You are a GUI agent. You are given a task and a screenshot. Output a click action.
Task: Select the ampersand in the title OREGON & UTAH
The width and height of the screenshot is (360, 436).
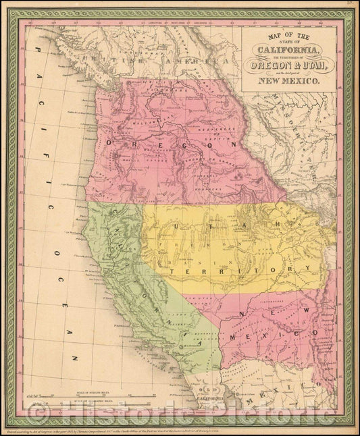290,65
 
